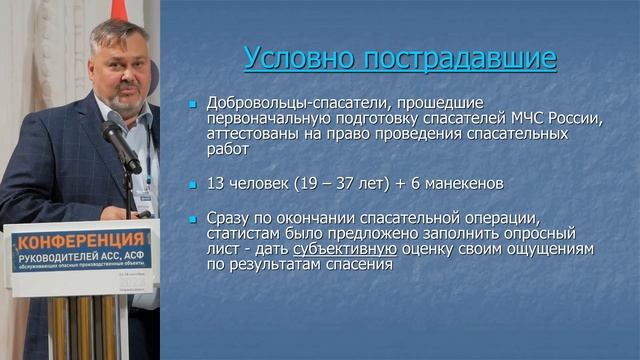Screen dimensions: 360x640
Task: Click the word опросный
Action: point(540,233)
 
